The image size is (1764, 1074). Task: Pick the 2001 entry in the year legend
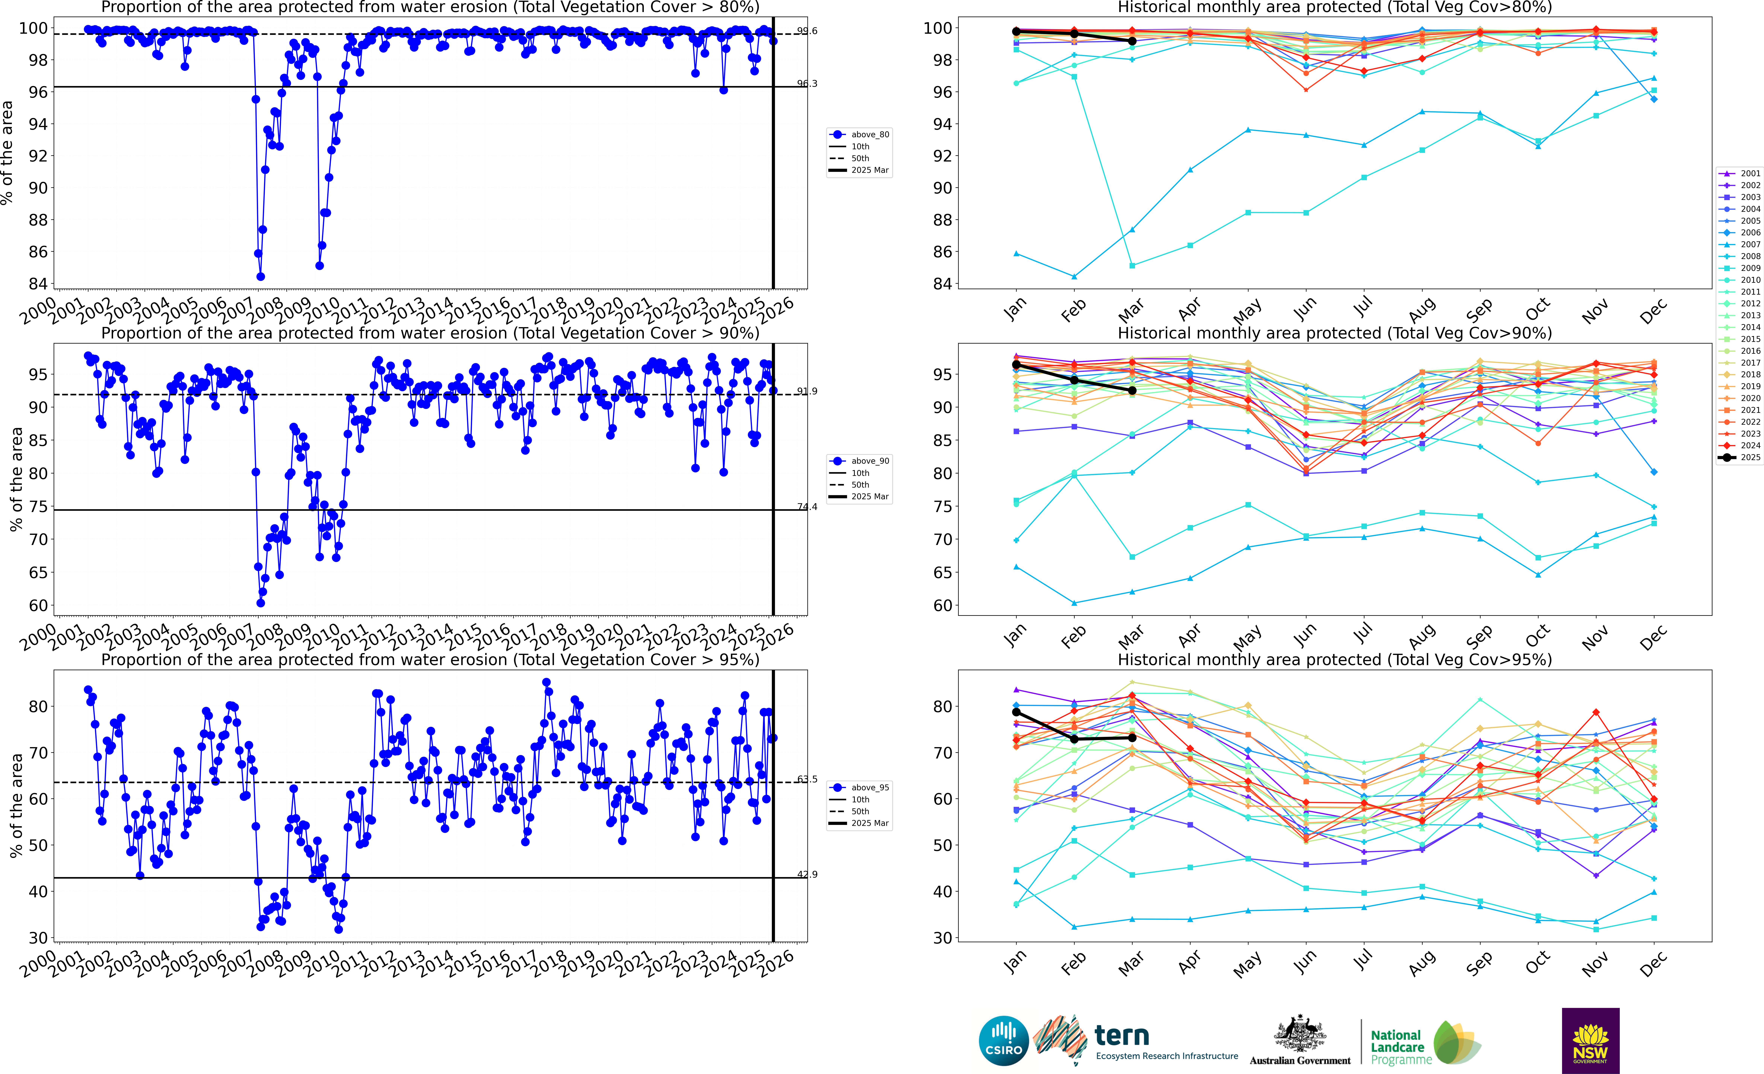(1740, 173)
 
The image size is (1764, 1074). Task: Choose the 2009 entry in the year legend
(1740, 268)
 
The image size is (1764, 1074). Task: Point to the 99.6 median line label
(807, 31)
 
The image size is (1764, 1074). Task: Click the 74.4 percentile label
(807, 507)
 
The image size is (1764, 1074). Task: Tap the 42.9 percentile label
(807, 874)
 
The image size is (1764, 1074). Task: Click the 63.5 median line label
(807, 779)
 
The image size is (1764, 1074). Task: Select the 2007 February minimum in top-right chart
(1074, 276)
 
